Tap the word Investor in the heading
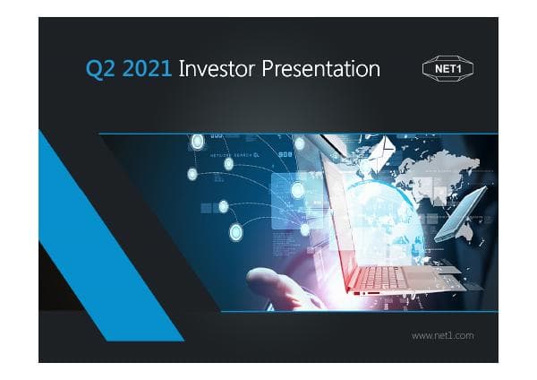coord(217,69)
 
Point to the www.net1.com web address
coord(441,335)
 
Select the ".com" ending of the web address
coord(463,335)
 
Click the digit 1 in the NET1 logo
coord(457,70)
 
